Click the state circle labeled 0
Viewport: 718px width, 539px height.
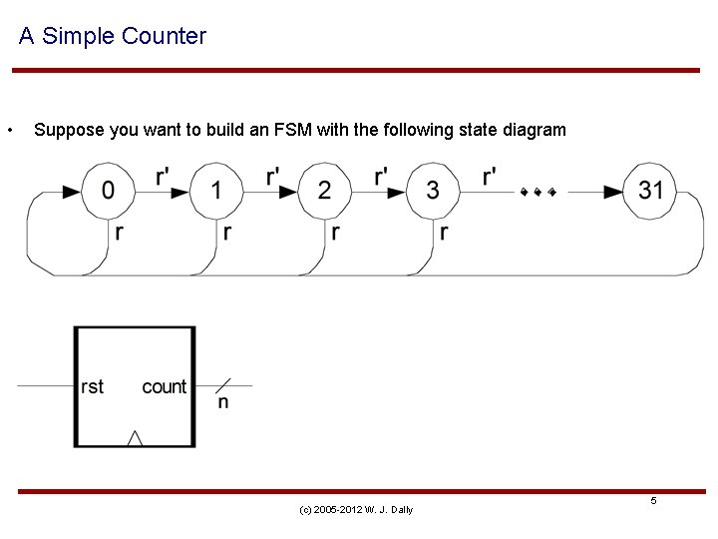click(x=108, y=190)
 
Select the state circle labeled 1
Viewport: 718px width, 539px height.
click(x=216, y=190)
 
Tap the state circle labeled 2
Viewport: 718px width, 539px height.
click(x=325, y=190)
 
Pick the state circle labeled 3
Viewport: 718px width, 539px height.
click(x=433, y=190)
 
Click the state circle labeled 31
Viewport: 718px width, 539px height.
click(x=650, y=190)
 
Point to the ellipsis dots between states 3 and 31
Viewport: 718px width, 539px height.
click(x=538, y=191)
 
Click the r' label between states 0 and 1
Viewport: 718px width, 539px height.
click(x=163, y=177)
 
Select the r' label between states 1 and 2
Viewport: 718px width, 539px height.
click(x=272, y=177)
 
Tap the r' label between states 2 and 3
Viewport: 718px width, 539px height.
click(x=381, y=177)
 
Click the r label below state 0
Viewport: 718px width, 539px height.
click(x=120, y=233)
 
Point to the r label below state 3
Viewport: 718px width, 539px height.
click(x=444, y=233)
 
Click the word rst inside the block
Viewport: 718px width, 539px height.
click(x=92, y=386)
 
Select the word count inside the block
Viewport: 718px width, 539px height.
click(x=165, y=386)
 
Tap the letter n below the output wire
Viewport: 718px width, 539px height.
click(x=222, y=402)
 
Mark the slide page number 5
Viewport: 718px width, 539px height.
click(x=654, y=500)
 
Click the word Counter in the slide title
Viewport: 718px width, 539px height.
click(x=164, y=37)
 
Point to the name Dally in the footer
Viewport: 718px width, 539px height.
click(x=402, y=510)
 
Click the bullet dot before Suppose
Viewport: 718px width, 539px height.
click(x=9, y=131)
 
